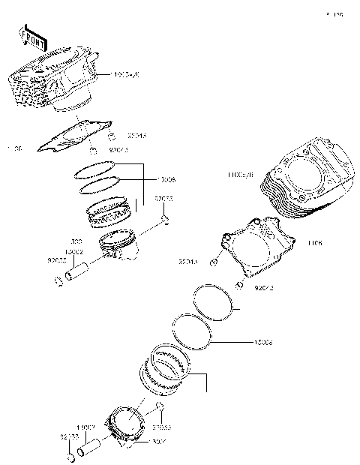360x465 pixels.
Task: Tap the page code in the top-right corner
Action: point(334,14)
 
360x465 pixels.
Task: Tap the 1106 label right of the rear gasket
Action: point(315,243)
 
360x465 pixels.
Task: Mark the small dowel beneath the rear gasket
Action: point(238,284)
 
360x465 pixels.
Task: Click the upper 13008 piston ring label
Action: point(167,180)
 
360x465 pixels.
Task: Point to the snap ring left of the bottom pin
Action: point(70,457)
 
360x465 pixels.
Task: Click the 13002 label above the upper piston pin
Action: point(73,251)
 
